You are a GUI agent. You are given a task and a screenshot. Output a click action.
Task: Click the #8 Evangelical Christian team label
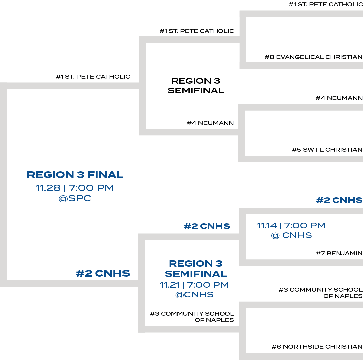(x=313, y=57)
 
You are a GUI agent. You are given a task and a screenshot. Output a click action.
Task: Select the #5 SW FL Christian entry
(x=327, y=150)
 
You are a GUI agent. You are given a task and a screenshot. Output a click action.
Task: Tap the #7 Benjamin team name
(x=339, y=254)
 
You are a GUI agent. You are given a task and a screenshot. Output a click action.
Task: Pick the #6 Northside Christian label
(x=317, y=347)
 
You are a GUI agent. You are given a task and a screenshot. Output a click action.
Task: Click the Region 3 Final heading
(x=75, y=175)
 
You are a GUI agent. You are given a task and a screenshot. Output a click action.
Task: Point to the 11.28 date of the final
(x=48, y=188)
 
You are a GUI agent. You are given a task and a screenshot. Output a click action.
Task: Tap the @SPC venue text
(x=75, y=199)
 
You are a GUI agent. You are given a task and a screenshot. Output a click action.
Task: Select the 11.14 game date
(x=267, y=226)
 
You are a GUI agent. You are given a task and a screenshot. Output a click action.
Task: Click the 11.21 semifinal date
(x=170, y=285)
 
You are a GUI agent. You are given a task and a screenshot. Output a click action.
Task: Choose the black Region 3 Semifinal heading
(x=196, y=86)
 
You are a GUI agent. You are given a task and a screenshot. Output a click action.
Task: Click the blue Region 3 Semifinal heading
(x=196, y=269)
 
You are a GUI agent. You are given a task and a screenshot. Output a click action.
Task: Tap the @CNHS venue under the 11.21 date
(x=194, y=295)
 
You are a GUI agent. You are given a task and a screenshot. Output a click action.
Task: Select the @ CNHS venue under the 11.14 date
(x=292, y=235)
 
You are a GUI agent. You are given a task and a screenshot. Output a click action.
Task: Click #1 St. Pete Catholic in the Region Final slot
(x=93, y=77)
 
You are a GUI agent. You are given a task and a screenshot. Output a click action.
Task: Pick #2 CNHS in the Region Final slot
(x=103, y=274)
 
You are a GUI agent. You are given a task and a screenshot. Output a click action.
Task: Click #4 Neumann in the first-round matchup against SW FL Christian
(x=339, y=98)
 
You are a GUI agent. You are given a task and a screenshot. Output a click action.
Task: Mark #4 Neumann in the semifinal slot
(x=210, y=123)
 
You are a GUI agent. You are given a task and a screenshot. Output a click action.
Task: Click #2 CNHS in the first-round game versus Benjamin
(x=339, y=200)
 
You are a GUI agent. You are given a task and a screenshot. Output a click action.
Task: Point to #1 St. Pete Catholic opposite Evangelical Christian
(x=325, y=5)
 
